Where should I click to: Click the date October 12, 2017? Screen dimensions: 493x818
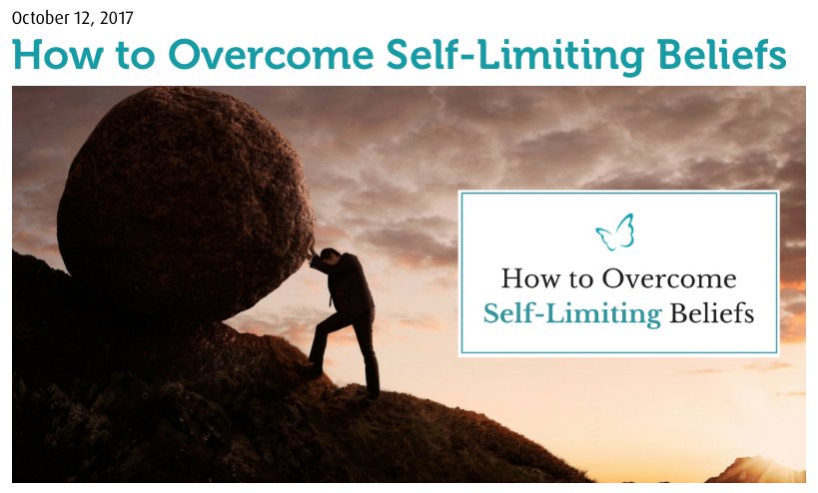[x=72, y=18]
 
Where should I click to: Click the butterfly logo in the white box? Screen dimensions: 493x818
[x=615, y=233]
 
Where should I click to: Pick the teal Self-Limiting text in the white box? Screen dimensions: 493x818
[x=572, y=315]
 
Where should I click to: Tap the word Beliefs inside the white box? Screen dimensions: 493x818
[x=711, y=315]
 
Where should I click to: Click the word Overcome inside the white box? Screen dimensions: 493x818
[x=670, y=278]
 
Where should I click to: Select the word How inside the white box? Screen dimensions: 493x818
[x=529, y=278]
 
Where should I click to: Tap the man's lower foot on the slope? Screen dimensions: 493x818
[x=371, y=396]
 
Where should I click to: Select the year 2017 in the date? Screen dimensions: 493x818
[x=115, y=18]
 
